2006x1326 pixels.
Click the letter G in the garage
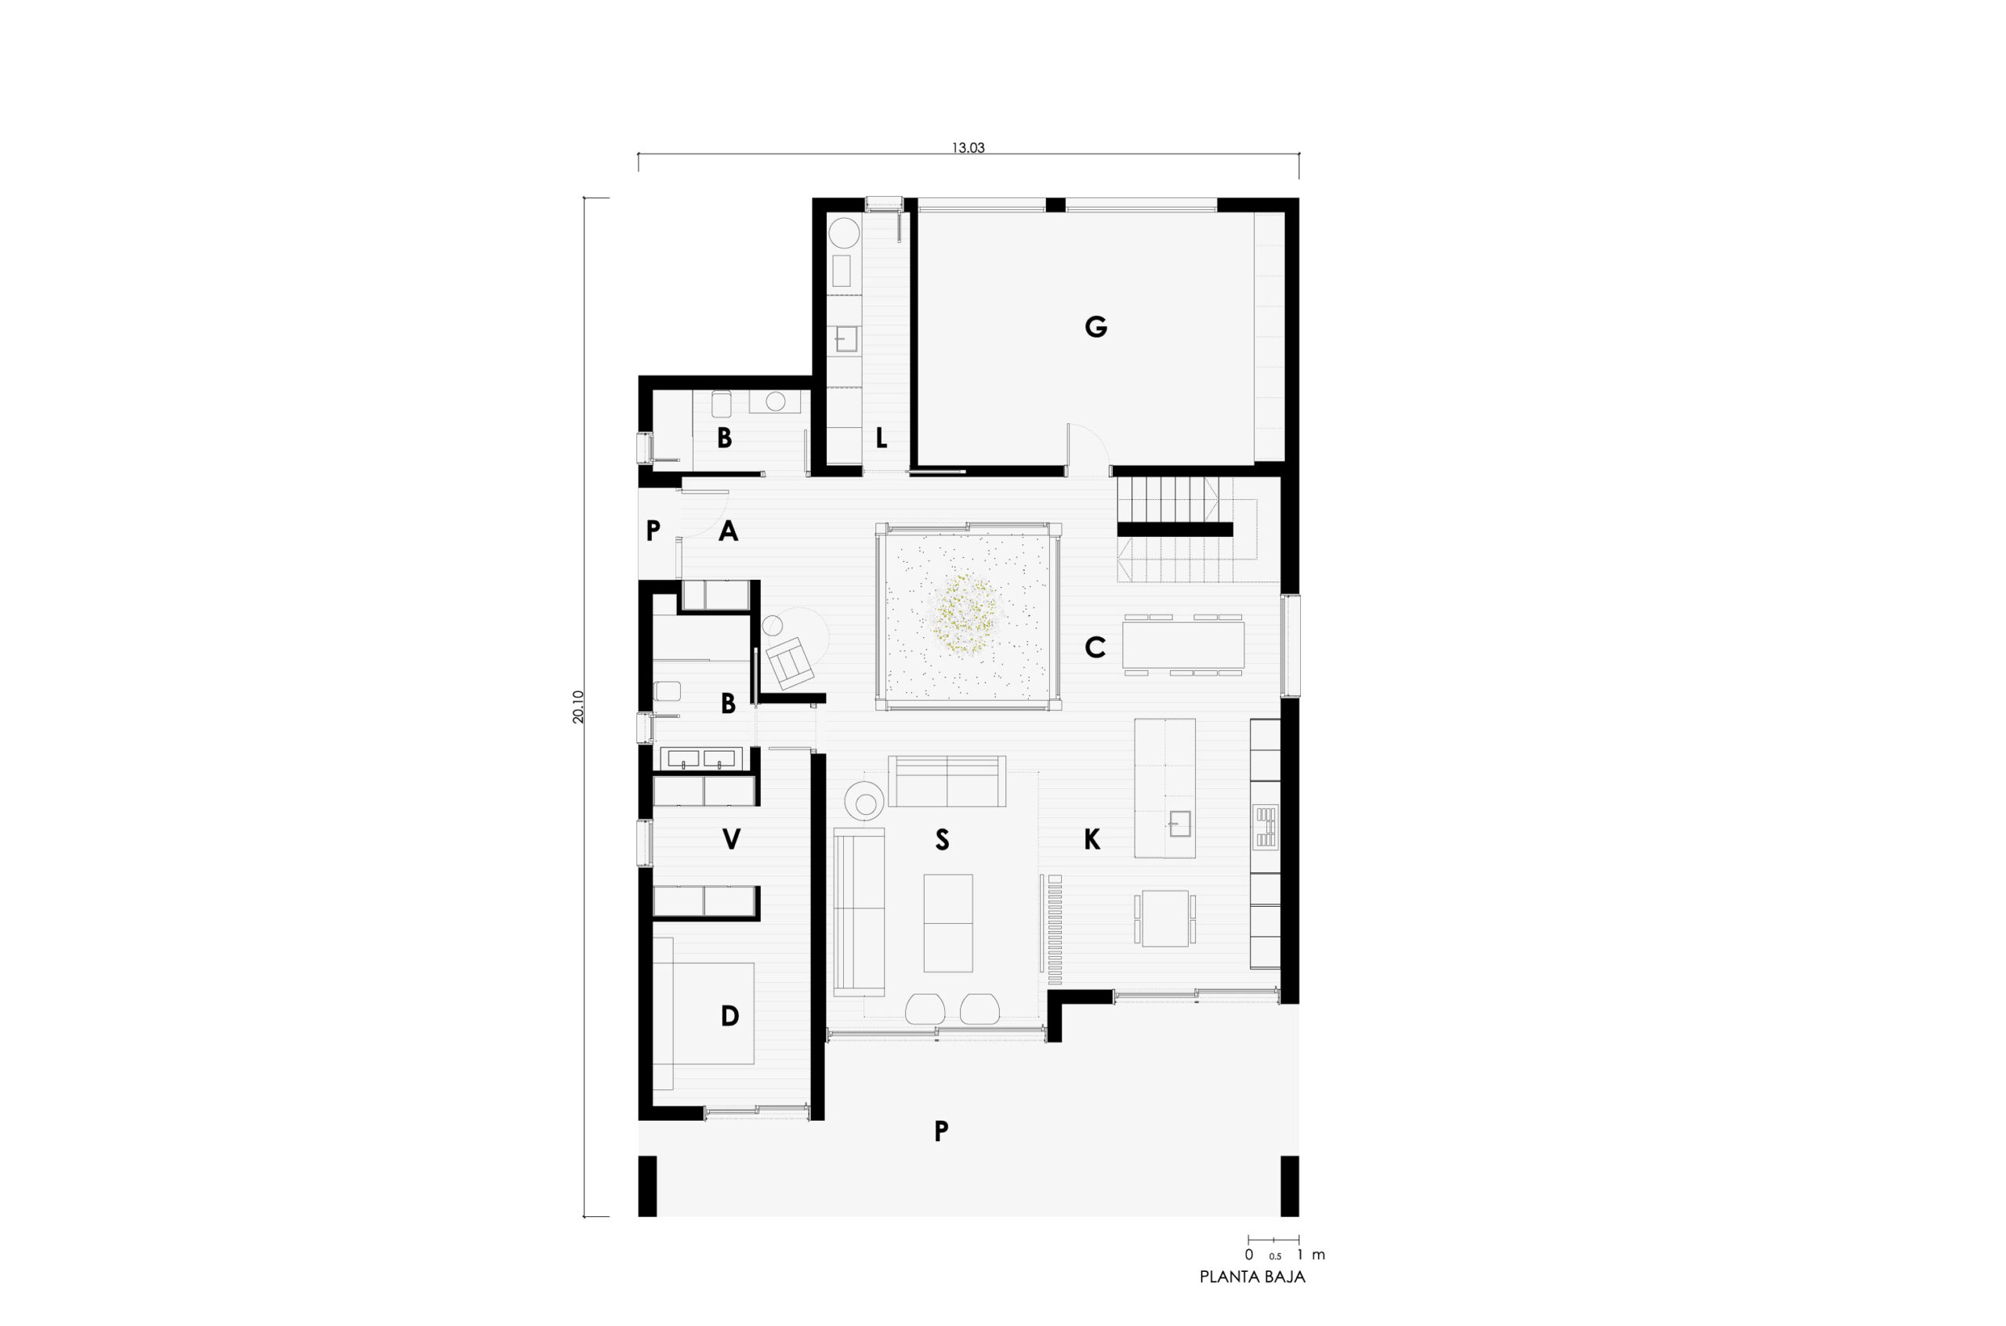(1095, 327)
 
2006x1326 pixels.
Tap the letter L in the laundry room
(881, 438)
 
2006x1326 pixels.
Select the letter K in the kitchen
(1092, 840)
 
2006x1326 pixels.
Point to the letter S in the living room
(942, 840)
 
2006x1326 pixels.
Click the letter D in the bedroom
(730, 1016)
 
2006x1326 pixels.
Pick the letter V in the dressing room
(731, 840)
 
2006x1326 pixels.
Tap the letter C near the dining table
(1095, 648)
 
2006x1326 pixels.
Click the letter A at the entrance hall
(728, 531)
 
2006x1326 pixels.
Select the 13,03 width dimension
(968, 148)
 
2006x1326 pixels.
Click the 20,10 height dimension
(578, 707)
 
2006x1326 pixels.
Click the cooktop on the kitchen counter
(1266, 825)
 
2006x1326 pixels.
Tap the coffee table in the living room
(947, 922)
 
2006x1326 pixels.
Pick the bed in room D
(704, 1013)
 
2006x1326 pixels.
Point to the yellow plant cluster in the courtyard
(966, 614)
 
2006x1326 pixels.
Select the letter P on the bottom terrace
(941, 1131)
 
